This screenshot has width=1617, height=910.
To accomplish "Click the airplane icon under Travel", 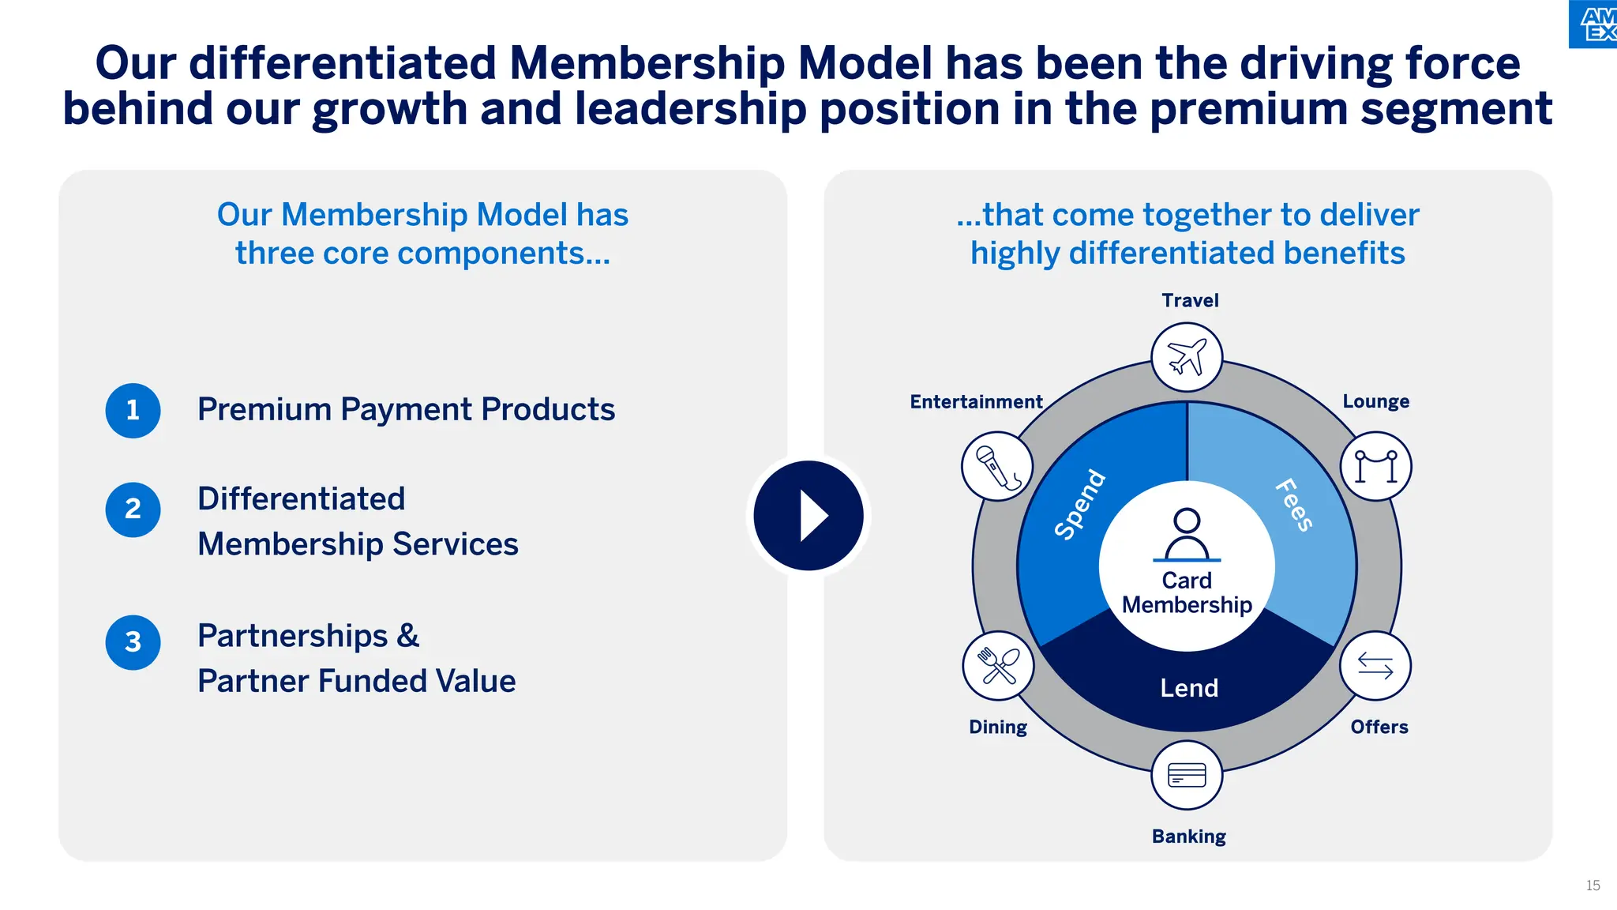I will [x=1187, y=357].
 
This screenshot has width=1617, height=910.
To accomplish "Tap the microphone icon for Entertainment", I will [x=997, y=466].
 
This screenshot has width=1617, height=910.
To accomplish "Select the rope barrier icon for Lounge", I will [x=1376, y=466].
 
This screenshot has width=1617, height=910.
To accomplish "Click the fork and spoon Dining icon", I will [x=998, y=666].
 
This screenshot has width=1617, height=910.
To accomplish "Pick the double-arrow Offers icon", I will [x=1375, y=666].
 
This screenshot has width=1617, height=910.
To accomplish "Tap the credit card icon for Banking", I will [x=1187, y=775].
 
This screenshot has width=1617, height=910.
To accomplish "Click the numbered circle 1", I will [x=133, y=410].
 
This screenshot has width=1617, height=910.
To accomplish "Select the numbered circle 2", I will [x=133, y=510].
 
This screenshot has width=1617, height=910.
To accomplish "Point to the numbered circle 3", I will [x=133, y=642].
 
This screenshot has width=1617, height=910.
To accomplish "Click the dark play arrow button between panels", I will [x=808, y=516].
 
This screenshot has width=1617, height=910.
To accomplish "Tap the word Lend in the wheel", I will [x=1189, y=688].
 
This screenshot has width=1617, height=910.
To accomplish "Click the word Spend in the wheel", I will [x=1080, y=505].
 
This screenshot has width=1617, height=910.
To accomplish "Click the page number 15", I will [x=1593, y=886].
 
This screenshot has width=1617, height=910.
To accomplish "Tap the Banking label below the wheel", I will [x=1188, y=837].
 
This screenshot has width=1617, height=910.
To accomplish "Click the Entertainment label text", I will [x=976, y=402].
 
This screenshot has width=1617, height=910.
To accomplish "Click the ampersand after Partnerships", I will [x=407, y=636].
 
